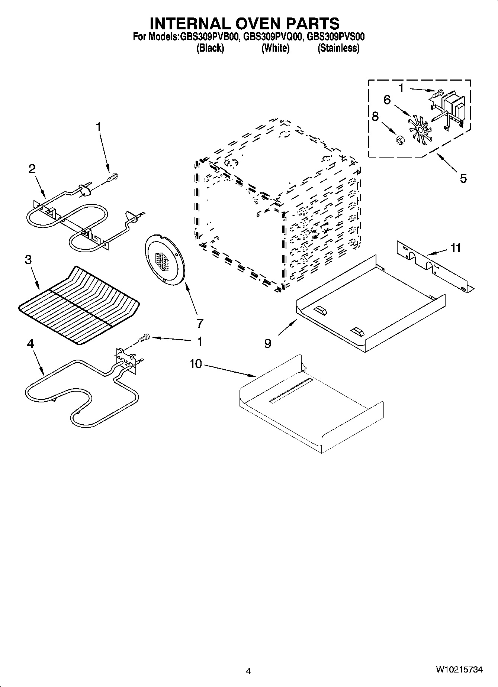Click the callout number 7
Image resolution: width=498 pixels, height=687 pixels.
click(200, 323)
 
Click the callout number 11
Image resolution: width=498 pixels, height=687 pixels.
click(455, 247)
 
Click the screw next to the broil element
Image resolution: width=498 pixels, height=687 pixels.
click(113, 178)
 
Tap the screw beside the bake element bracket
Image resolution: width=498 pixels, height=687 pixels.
click(143, 337)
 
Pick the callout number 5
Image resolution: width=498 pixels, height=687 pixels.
click(463, 178)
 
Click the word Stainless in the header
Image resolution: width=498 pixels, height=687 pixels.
click(338, 48)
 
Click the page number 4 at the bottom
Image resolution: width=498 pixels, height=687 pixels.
click(248, 671)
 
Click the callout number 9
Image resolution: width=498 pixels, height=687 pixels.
click(268, 344)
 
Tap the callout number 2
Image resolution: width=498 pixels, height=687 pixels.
click(32, 169)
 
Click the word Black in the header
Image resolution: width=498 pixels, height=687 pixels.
click(210, 48)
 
